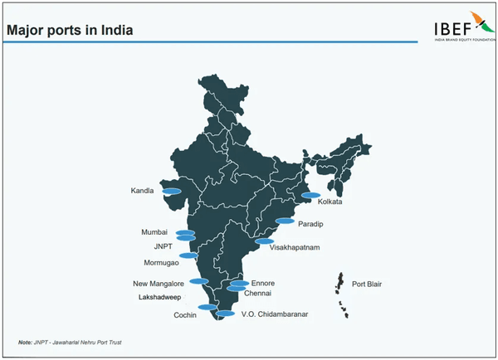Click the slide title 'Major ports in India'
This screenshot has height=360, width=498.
[70, 31]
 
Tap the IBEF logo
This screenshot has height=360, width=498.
[460, 27]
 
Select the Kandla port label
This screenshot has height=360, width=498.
[143, 191]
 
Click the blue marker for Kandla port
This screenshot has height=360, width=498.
[172, 191]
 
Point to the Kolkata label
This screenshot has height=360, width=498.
[330, 202]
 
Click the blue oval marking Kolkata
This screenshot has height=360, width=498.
[310, 196]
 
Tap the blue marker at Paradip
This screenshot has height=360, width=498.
[285, 221]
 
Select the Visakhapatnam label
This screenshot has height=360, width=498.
[295, 247]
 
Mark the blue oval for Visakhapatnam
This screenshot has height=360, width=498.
[265, 241]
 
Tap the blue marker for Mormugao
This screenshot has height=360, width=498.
[188, 255]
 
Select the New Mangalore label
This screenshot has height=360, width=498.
[158, 284]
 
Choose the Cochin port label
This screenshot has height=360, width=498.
[184, 315]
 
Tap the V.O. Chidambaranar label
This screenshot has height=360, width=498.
[274, 314]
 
